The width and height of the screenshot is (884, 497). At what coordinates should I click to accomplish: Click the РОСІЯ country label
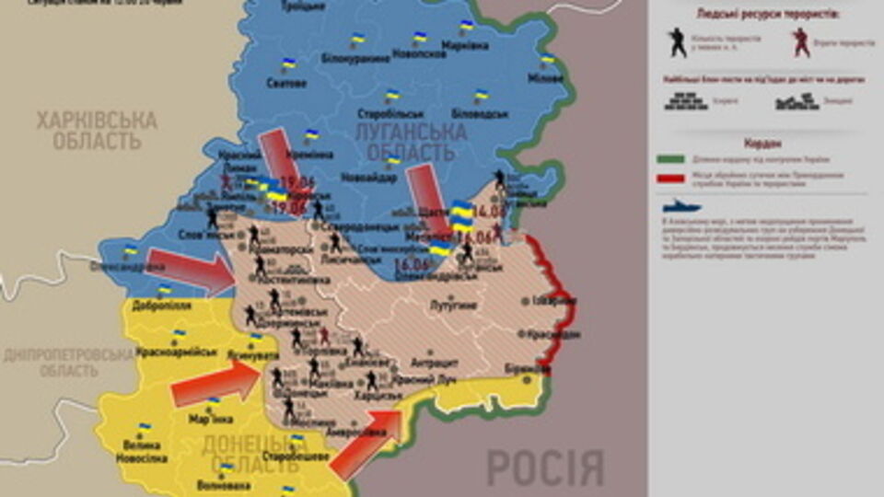click(x=544, y=468)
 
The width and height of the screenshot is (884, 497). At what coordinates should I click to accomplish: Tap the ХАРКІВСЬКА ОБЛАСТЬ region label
click(x=96, y=131)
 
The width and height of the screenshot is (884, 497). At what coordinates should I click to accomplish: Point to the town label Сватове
click(x=286, y=83)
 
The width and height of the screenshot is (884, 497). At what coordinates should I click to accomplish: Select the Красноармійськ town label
click(x=176, y=352)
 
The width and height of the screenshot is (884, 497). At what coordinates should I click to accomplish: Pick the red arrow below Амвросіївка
click(x=366, y=443)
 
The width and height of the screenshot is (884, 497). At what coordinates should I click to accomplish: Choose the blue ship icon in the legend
click(x=680, y=206)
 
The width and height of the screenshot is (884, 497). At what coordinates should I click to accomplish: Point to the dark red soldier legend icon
click(x=801, y=41)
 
